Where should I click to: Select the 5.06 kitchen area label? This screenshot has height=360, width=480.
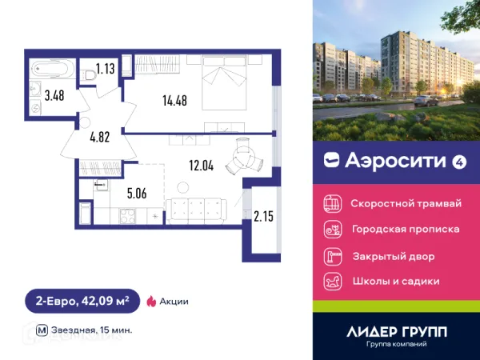click(x=136, y=192)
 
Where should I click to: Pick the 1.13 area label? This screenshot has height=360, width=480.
click(x=106, y=69)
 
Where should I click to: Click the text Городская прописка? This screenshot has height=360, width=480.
click(x=405, y=230)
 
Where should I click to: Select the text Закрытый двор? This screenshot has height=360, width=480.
click(x=393, y=256)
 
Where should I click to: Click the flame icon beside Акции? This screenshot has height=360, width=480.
click(x=150, y=302)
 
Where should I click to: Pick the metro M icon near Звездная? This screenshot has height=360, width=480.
click(x=42, y=330)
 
